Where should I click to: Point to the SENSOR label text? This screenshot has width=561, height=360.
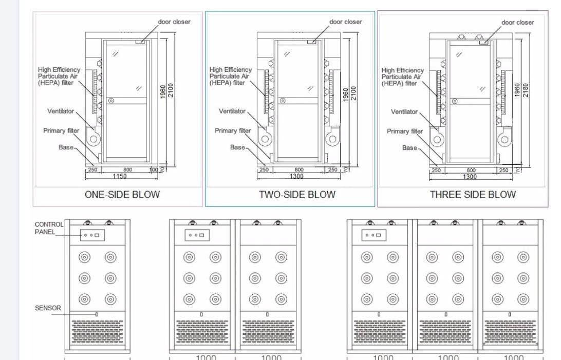(48, 308)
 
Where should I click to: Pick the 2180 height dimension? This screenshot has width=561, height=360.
(525, 89)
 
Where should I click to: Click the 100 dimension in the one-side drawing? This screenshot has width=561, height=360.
(153, 169)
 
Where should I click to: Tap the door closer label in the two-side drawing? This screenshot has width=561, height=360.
(345, 22)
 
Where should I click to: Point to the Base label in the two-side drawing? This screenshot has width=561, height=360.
(237, 147)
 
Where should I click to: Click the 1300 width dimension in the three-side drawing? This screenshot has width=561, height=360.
(469, 177)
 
